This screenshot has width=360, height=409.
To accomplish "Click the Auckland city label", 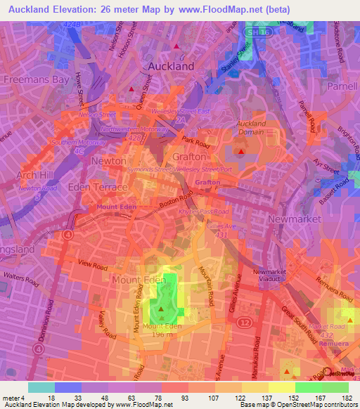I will pyautogui.click(x=172, y=65).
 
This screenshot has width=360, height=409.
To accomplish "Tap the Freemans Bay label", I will pyautogui.click(x=37, y=79).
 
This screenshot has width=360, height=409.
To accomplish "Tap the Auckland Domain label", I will pyautogui.click(x=250, y=128).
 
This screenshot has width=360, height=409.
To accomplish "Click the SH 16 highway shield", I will pyautogui.click(x=262, y=32).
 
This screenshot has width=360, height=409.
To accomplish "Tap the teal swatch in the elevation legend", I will pyautogui.click(x=41, y=387).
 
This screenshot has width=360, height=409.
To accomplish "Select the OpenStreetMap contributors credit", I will pyautogui.click(x=320, y=405).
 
